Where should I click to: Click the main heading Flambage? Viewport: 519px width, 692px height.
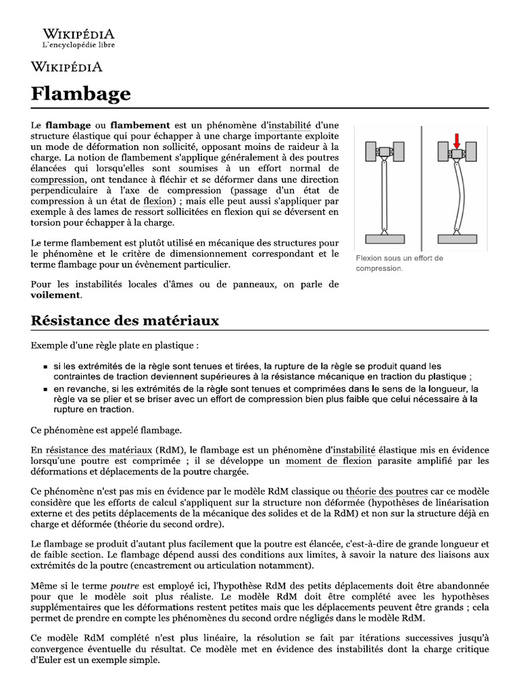(x=80, y=93)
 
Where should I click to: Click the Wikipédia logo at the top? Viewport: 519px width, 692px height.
(x=78, y=34)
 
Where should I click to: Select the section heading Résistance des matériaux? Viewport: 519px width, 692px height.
(x=125, y=320)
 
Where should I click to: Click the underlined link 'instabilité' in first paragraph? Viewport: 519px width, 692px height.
(x=290, y=125)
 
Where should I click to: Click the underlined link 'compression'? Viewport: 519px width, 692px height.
(x=58, y=179)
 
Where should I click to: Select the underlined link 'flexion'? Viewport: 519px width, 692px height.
(x=159, y=201)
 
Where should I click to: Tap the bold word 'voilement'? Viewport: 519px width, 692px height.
(x=56, y=295)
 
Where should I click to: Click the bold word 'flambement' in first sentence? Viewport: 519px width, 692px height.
(x=140, y=125)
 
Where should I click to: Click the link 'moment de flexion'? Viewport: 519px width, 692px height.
(x=328, y=461)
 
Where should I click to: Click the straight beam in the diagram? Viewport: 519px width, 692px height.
(x=384, y=196)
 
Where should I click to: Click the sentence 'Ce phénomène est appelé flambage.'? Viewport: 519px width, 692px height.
(x=105, y=429)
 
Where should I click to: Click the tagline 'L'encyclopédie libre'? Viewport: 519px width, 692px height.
(x=78, y=45)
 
